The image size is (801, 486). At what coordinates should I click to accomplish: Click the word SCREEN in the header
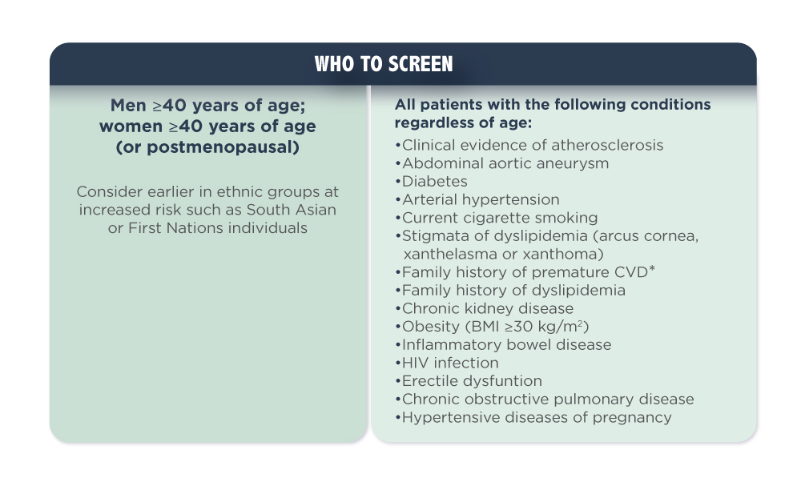click(x=421, y=64)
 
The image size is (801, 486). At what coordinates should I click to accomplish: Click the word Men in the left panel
click(x=128, y=105)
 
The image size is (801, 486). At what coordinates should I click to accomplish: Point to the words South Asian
click(x=292, y=210)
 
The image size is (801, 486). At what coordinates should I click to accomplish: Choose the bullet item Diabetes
click(x=432, y=181)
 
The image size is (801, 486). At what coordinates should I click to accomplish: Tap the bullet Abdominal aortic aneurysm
click(x=502, y=163)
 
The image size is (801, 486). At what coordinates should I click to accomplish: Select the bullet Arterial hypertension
click(x=477, y=199)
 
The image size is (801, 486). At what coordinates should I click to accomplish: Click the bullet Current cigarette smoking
click(x=497, y=218)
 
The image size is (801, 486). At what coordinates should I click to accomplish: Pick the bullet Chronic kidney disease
click(x=485, y=308)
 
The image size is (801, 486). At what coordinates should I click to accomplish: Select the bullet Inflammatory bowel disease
click(x=503, y=344)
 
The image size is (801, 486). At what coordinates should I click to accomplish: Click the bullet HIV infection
click(x=447, y=363)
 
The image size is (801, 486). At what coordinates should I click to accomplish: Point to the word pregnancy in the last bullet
click(x=632, y=418)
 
